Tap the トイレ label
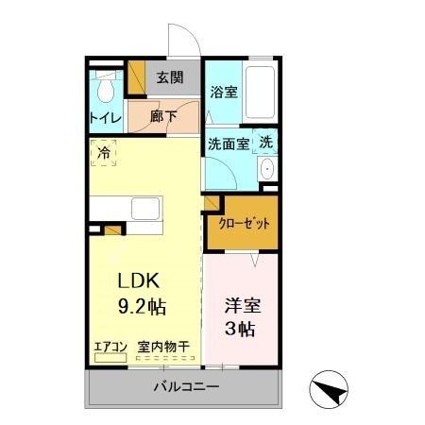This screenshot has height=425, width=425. click(105, 118)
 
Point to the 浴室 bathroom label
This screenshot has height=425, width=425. click(224, 93)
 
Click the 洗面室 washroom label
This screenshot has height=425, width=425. click(228, 144)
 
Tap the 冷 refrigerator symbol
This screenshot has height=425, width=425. click(103, 152)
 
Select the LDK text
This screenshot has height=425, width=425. click(141, 280)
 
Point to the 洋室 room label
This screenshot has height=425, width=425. click(240, 306)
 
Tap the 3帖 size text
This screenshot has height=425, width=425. click(240, 330)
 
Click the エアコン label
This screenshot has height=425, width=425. click(110, 347)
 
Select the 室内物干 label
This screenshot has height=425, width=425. click(162, 347)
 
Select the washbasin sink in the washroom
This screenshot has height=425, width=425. click(266, 170)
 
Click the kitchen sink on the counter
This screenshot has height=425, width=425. click(145, 208)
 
